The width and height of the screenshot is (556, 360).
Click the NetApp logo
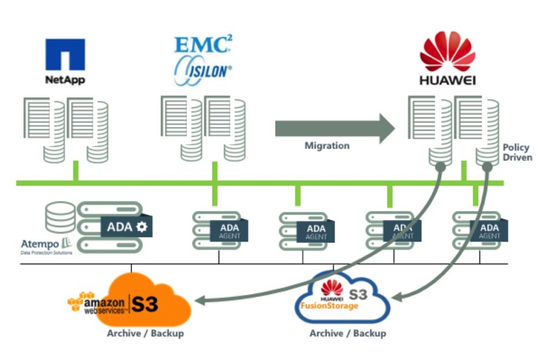65,61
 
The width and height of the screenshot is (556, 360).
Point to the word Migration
327,146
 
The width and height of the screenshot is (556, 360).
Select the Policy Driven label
517,152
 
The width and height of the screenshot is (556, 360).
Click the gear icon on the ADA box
142,226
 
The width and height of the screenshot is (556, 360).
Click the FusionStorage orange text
330,306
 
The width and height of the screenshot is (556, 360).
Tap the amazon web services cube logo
80,301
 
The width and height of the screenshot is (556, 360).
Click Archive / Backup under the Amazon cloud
145,333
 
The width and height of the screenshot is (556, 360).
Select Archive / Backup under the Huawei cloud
347,333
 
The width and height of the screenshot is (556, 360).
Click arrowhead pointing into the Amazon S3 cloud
202,299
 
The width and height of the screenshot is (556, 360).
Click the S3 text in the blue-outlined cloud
359,294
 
